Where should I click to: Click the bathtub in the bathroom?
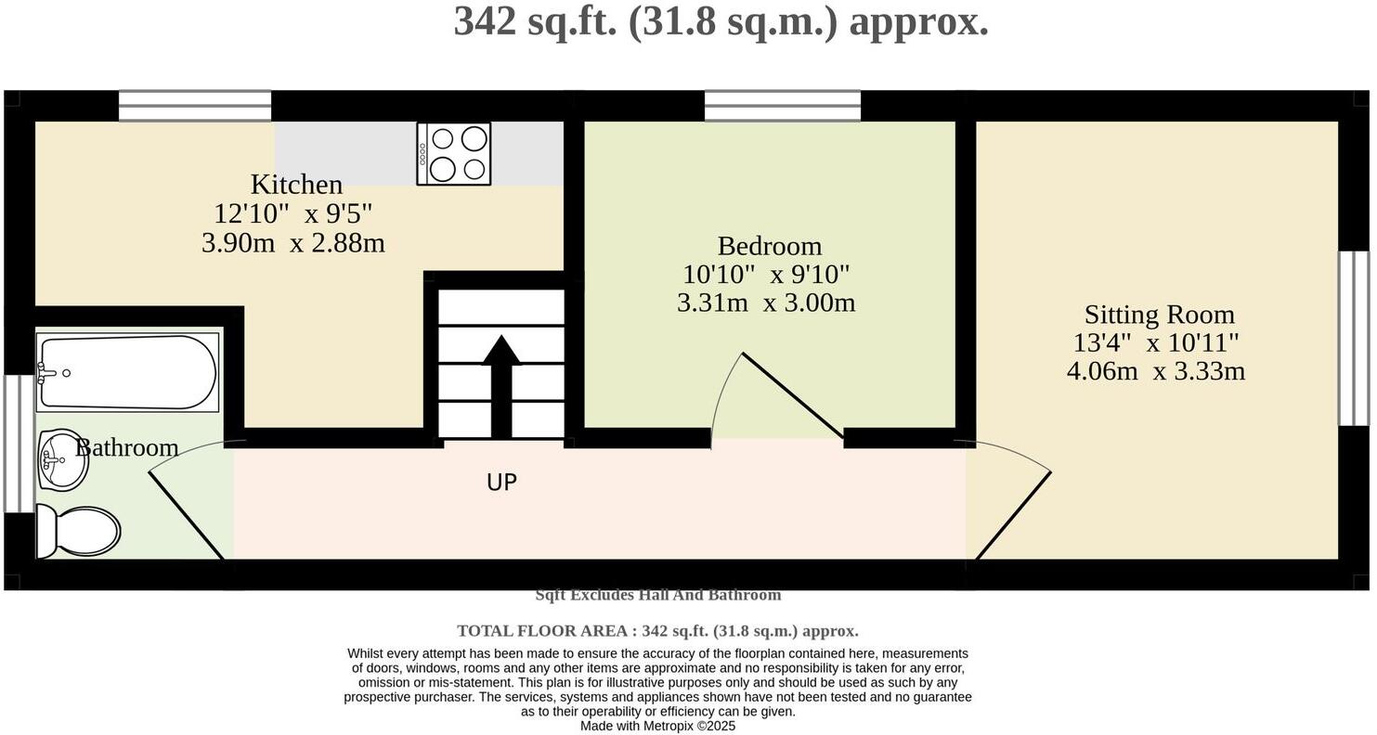(x=127, y=372)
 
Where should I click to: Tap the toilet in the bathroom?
(x=79, y=532)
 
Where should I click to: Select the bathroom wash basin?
(x=63, y=459)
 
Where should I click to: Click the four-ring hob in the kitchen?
(x=453, y=154)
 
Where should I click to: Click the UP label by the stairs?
(x=501, y=483)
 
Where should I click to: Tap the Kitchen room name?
(x=296, y=184)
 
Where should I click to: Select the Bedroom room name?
(x=769, y=246)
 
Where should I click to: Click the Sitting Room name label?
(x=1159, y=314)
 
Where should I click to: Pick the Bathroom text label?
(x=127, y=447)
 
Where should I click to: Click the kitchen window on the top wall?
(x=195, y=106)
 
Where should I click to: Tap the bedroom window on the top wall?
(x=782, y=106)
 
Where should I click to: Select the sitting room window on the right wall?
(x=1353, y=339)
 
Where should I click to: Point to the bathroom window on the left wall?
(x=19, y=444)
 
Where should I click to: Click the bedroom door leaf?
(x=792, y=395)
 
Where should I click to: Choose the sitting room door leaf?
(x=1014, y=515)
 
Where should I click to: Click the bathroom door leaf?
(x=187, y=516)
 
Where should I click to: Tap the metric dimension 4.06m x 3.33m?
(x=1155, y=371)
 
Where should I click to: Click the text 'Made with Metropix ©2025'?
(x=657, y=726)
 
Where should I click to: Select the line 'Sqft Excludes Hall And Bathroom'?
(x=657, y=595)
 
